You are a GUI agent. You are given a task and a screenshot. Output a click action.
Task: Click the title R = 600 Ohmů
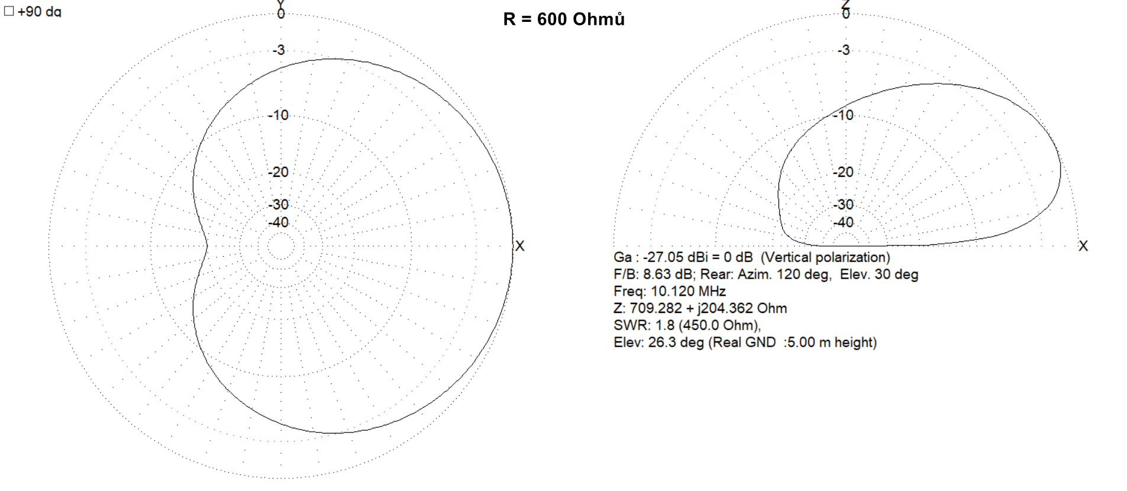click(564, 20)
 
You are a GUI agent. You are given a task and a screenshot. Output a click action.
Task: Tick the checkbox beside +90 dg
click(9, 11)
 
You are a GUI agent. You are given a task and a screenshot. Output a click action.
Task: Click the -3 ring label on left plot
click(279, 50)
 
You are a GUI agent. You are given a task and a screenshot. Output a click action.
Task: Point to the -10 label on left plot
click(278, 115)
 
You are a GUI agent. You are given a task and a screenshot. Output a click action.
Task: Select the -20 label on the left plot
click(278, 172)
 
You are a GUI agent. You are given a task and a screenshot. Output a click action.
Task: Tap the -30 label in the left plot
click(278, 205)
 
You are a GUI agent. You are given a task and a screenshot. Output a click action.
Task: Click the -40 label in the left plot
click(278, 222)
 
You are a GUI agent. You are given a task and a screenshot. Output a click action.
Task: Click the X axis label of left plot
click(519, 246)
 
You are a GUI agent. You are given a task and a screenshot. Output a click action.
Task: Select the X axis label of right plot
click(1083, 246)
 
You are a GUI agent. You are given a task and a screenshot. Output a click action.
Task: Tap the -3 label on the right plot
click(844, 50)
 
